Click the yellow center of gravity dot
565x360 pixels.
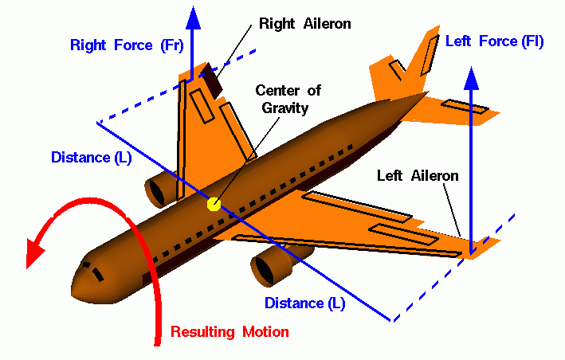pyautogui.click(x=214, y=204)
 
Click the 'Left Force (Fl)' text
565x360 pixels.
pyautogui.click(x=494, y=41)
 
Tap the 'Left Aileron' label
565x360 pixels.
pyautogui.click(x=418, y=175)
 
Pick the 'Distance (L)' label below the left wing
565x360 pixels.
pyautogui.click(x=305, y=303)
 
